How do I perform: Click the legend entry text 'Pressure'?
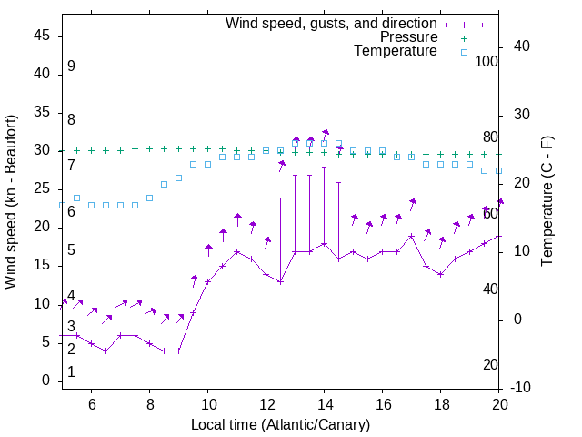[x=408, y=37]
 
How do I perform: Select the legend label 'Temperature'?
[x=396, y=51]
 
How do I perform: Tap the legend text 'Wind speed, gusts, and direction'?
[x=332, y=23]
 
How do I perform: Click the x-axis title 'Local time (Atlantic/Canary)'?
[x=280, y=424]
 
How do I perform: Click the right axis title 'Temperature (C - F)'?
[x=547, y=202]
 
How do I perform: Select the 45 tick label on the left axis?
[x=41, y=36]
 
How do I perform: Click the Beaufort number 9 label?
[x=71, y=67]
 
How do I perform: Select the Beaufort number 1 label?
[x=71, y=372]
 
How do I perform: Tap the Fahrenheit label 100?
[x=487, y=61]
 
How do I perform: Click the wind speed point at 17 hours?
[x=411, y=236]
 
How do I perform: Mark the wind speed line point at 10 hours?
[x=207, y=281]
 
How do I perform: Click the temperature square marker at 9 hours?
[x=178, y=178]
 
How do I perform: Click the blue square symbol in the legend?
[x=463, y=52]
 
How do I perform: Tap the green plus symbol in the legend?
[x=463, y=37]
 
